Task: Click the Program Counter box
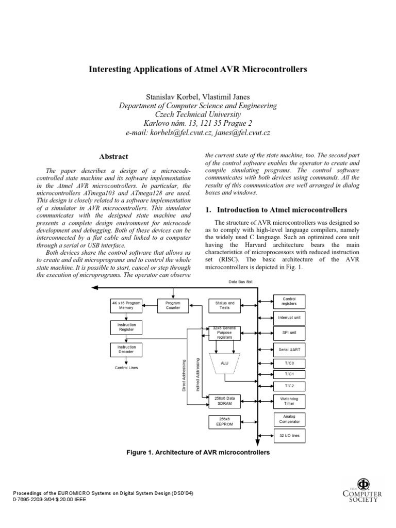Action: click(x=173, y=305)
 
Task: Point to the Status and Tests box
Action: click(x=224, y=305)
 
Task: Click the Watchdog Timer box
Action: click(x=289, y=401)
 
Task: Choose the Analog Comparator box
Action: click(x=289, y=419)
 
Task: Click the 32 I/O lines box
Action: click(x=289, y=436)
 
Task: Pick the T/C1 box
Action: click(x=289, y=374)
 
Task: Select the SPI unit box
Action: click(x=289, y=333)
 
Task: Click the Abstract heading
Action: click(x=113, y=156)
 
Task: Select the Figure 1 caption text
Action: click(x=199, y=453)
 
